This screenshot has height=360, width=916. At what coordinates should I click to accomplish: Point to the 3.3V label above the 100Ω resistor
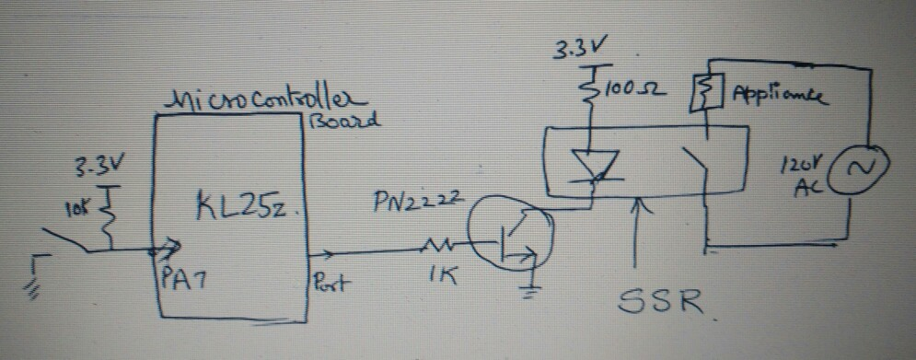(x=577, y=48)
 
